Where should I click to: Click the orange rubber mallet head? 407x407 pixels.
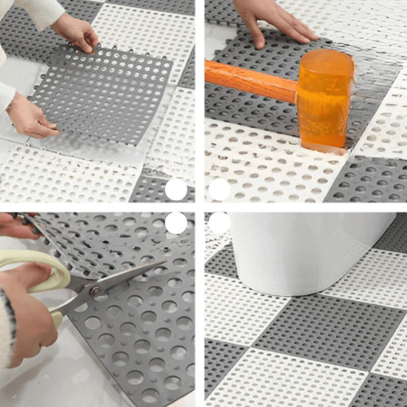(326, 99)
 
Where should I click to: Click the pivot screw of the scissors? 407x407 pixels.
(95, 290)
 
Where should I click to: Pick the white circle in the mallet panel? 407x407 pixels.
(220, 190)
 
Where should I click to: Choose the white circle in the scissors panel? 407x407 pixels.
(176, 223)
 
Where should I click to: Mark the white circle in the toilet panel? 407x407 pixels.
(220, 223)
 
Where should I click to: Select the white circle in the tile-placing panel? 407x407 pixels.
(176, 190)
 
